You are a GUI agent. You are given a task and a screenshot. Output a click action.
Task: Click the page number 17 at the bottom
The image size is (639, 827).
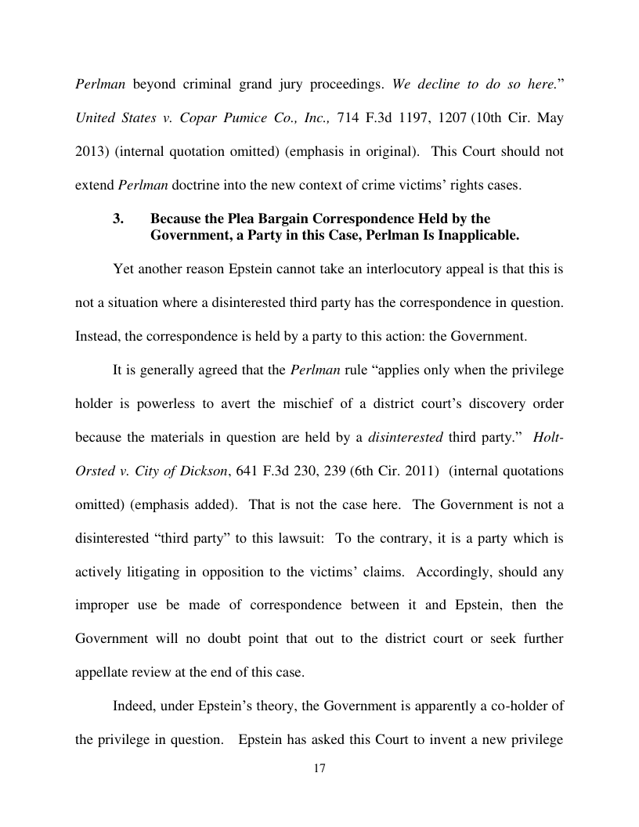click(x=319, y=768)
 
